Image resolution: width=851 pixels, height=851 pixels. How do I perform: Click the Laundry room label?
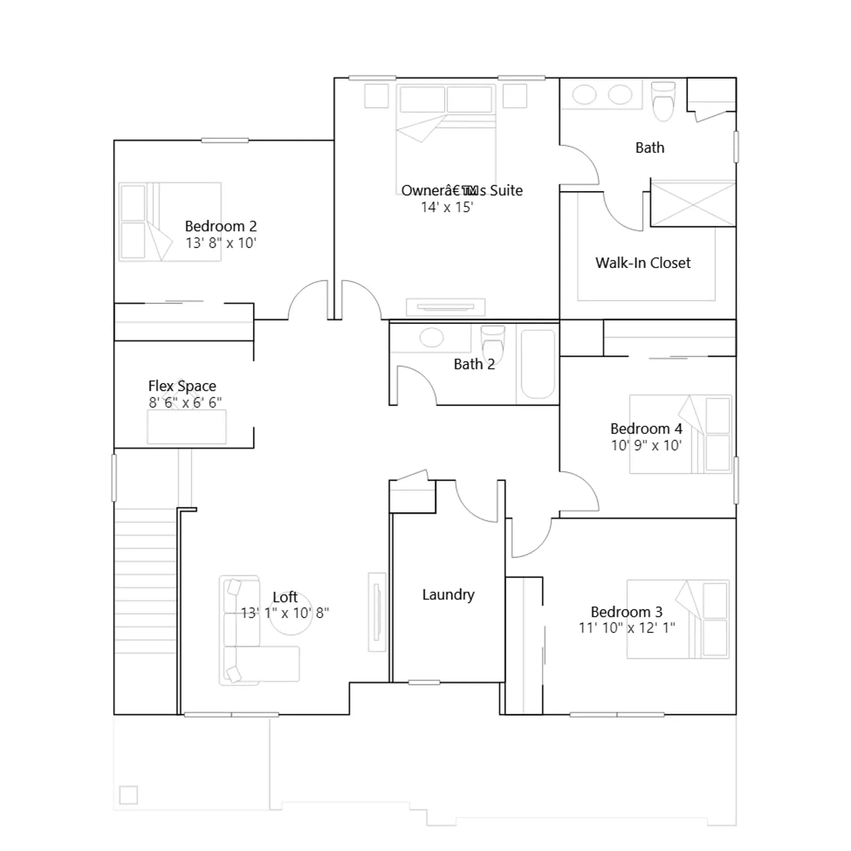point(448,595)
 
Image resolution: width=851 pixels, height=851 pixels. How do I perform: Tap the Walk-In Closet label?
point(643,263)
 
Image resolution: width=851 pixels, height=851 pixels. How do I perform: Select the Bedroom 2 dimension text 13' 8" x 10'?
point(221,243)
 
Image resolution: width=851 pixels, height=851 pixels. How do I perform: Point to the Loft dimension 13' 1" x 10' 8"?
point(285,613)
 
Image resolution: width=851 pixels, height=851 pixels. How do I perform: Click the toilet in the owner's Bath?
point(663,101)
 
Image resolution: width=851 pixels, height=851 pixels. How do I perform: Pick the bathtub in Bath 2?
point(538,364)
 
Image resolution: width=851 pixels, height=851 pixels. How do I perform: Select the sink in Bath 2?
point(431,338)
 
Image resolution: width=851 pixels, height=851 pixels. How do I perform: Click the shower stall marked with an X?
point(694,204)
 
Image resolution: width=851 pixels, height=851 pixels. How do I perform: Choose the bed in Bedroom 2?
point(170,222)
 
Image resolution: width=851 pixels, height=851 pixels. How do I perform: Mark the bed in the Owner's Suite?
point(446,133)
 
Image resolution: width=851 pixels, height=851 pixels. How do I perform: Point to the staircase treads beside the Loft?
point(146,581)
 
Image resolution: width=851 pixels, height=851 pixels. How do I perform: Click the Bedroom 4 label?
point(646,429)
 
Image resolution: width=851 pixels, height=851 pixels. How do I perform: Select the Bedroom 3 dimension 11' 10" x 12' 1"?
point(627,628)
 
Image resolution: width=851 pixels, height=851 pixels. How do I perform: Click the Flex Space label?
point(182,386)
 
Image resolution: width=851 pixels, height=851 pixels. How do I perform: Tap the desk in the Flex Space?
point(187,427)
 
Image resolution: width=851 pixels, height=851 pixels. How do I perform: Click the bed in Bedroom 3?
point(678,619)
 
